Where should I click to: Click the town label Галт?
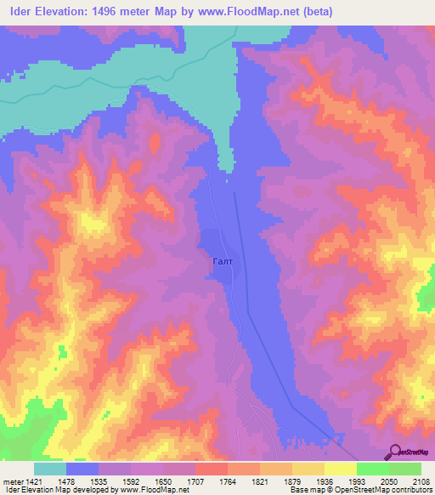pyautogui.click(x=218, y=262)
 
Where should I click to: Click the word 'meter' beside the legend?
pyautogui.click(x=13, y=481)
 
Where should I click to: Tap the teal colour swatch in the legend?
pyautogui.click(x=49, y=469)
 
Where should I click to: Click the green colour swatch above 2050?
pyautogui.click(x=372, y=469)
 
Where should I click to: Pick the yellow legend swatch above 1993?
pyautogui.click(x=340, y=469)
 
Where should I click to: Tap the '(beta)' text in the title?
pyautogui.click(x=315, y=12)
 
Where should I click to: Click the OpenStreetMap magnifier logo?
pyautogui.click(x=396, y=451)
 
